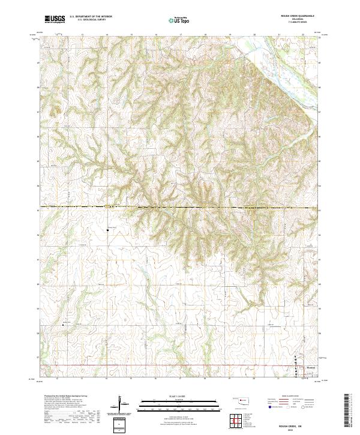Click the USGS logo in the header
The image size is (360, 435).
(55, 19)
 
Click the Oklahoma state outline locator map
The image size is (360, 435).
(243, 400)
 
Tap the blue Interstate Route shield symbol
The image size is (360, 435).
(268, 407)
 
